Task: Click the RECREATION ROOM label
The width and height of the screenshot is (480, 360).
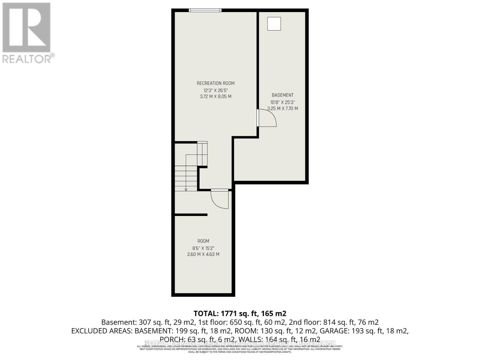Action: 215,83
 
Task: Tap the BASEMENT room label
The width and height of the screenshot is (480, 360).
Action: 282,95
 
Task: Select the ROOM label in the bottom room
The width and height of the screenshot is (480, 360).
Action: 203,241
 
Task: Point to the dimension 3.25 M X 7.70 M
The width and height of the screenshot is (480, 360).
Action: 282,109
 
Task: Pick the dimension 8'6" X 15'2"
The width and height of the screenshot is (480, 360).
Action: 203,248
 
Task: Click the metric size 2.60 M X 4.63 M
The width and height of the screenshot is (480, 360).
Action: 203,254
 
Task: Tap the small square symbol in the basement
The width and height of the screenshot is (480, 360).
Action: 274,24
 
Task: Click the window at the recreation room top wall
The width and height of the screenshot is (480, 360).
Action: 205,10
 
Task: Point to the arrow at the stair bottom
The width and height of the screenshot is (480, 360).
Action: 186,189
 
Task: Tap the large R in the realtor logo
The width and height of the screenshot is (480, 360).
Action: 26,28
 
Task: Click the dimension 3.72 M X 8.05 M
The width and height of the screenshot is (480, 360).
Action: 215,97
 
